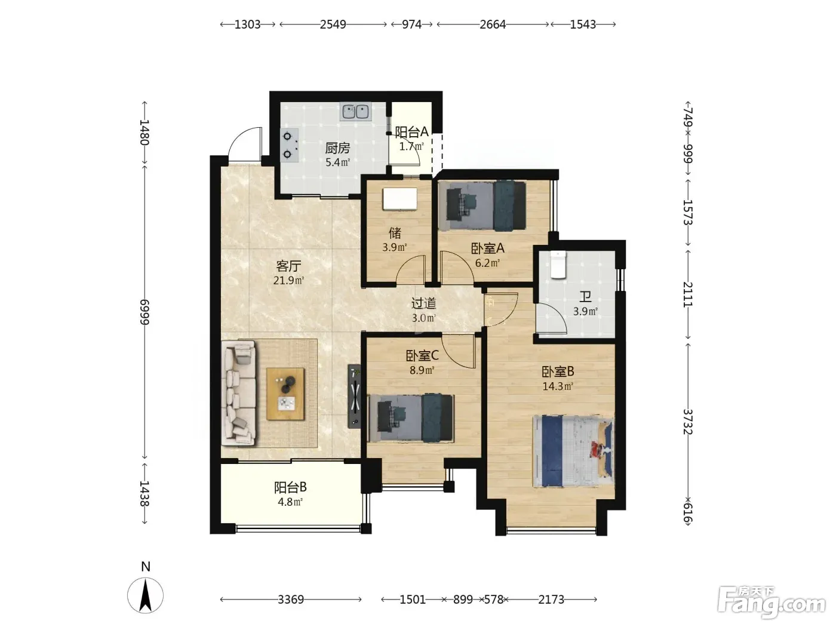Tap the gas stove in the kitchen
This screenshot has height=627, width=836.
pos(290,145)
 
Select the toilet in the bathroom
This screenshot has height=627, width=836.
pos(559,265)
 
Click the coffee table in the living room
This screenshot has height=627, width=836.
pos(285,394)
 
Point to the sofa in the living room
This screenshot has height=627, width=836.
pos(239,393)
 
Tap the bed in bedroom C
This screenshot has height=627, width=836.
pos(411,419)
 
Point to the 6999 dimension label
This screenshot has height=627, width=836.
pos(145,312)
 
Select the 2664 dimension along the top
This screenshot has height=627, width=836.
pos(493,24)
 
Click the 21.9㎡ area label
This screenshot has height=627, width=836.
pos(288,281)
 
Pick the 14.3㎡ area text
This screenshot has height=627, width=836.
pos(558,386)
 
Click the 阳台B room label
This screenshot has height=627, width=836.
pos(290,487)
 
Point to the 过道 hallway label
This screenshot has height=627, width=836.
pos(423,303)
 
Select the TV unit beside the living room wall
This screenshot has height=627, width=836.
pos(355,397)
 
